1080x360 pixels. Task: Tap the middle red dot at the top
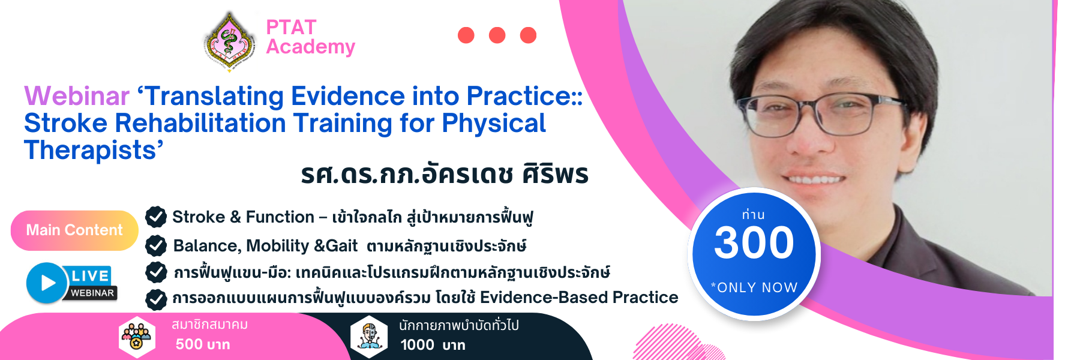(x=497, y=35)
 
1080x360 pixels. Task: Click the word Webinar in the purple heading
(x=77, y=96)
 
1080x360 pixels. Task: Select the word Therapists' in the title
(x=94, y=150)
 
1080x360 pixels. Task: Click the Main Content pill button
(x=74, y=230)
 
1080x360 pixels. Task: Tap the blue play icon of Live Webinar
(x=46, y=283)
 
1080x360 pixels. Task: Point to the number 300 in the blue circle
(x=754, y=242)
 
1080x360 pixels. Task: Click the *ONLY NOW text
(x=754, y=287)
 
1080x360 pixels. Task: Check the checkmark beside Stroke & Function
(x=156, y=217)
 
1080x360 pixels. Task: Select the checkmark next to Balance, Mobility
(x=156, y=245)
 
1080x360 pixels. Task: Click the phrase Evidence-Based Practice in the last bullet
(x=579, y=298)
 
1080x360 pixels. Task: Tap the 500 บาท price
(x=203, y=344)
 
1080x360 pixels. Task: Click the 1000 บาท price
(x=433, y=345)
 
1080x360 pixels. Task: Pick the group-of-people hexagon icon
(x=137, y=337)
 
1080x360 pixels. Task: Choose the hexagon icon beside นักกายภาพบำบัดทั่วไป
(x=369, y=337)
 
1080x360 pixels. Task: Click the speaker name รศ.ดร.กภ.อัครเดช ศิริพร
(x=445, y=174)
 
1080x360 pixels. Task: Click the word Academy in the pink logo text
(x=311, y=47)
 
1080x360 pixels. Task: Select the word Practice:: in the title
(x=525, y=96)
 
